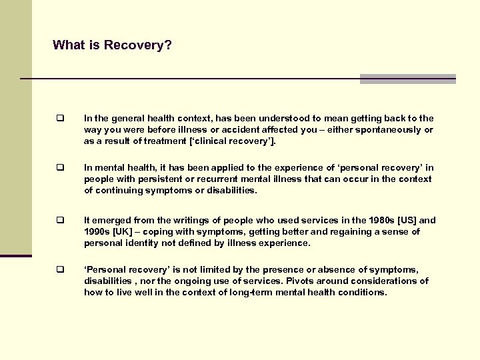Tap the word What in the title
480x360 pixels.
68,45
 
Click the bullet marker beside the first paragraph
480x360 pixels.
59,118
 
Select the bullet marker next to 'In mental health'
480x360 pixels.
59,169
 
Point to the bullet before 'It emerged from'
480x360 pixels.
59,220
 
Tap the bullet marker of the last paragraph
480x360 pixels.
59,270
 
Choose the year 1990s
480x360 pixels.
97,231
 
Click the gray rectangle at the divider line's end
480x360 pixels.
407,79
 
